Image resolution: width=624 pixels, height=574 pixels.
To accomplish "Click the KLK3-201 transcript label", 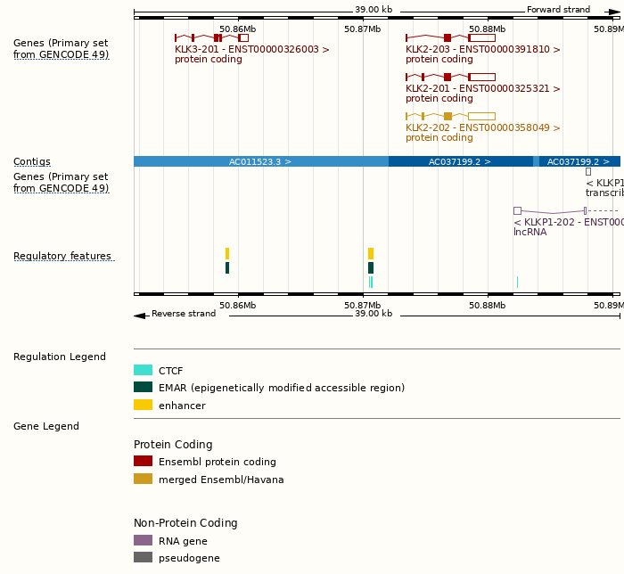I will (252, 50).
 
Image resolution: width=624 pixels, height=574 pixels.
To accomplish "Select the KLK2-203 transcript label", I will (483, 50).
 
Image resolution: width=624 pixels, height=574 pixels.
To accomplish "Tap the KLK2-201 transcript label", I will (483, 89).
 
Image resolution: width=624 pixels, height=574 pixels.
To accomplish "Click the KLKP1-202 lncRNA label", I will (568, 222).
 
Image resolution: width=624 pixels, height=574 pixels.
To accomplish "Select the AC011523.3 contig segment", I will (260, 161).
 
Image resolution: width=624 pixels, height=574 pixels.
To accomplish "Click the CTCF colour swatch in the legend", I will (143, 370).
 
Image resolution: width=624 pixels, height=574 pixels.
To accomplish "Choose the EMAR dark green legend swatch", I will (143, 388).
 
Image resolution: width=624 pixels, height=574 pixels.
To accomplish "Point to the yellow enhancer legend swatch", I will (143, 406).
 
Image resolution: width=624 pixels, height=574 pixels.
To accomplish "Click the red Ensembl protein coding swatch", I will (143, 462).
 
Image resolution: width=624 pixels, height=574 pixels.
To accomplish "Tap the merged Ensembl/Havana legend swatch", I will (143, 480).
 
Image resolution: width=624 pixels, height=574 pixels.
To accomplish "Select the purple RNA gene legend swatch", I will (143, 540).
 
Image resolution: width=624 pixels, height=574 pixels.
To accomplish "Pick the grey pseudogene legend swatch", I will (143, 558).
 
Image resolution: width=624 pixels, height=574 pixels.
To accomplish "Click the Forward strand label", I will (558, 10).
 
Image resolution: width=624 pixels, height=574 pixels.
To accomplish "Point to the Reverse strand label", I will (183, 314).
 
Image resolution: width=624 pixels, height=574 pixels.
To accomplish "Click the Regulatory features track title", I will (62, 257).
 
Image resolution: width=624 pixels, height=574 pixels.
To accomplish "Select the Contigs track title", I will (32, 162).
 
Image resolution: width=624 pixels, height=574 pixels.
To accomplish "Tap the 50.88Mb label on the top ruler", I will (488, 29).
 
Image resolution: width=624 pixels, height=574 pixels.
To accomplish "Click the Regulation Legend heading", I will (60, 357).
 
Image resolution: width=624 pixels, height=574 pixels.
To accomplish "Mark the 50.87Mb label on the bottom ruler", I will (362, 305).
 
